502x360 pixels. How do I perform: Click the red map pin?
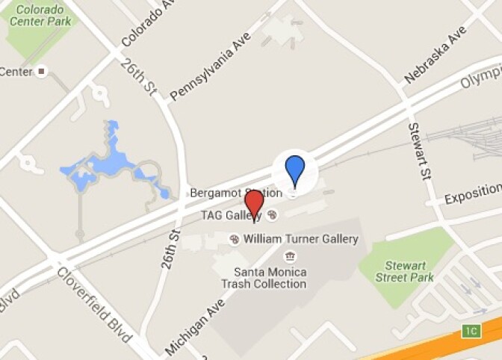point(255,204)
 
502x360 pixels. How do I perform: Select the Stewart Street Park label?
point(409,271)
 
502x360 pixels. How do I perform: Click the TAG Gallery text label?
point(231,215)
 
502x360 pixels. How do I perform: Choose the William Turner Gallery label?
point(301,239)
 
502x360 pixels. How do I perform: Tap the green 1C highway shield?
point(470,330)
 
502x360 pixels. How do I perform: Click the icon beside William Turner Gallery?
point(234,239)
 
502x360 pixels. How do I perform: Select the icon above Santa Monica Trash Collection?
point(289,257)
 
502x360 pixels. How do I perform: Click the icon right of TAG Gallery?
point(272,215)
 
